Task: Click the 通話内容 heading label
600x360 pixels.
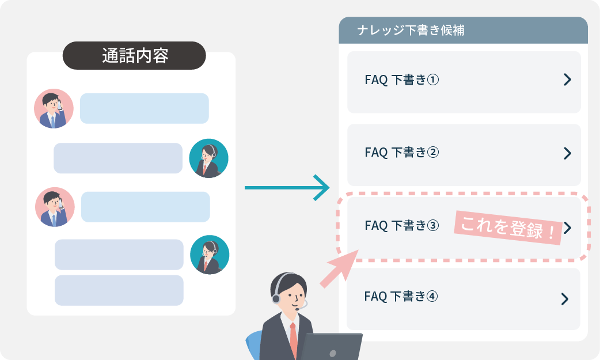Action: pyautogui.click(x=134, y=56)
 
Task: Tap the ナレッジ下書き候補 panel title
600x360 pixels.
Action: pyautogui.click(x=410, y=31)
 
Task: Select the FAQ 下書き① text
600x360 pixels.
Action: pyautogui.click(x=402, y=80)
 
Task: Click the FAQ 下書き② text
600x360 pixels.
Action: pyautogui.click(x=402, y=152)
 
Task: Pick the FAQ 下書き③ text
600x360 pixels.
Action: pyautogui.click(x=402, y=225)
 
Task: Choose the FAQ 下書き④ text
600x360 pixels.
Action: pyautogui.click(x=401, y=297)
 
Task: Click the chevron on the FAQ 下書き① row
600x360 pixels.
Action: pyautogui.click(x=567, y=80)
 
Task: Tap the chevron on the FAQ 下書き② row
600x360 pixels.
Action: pyautogui.click(x=567, y=153)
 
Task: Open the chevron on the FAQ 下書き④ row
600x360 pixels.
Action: pyautogui.click(x=565, y=298)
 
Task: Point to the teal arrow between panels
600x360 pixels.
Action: pyautogui.click(x=286, y=188)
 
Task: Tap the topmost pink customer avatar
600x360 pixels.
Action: pyautogui.click(x=54, y=108)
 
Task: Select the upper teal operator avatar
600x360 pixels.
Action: pyautogui.click(x=209, y=158)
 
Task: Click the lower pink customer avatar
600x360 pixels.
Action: pyautogui.click(x=55, y=207)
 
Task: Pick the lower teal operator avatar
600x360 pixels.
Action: pyautogui.click(x=210, y=255)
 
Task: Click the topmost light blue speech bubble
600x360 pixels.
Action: pyautogui.click(x=144, y=108)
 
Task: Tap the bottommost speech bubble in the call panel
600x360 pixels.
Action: pyautogui.click(x=119, y=290)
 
